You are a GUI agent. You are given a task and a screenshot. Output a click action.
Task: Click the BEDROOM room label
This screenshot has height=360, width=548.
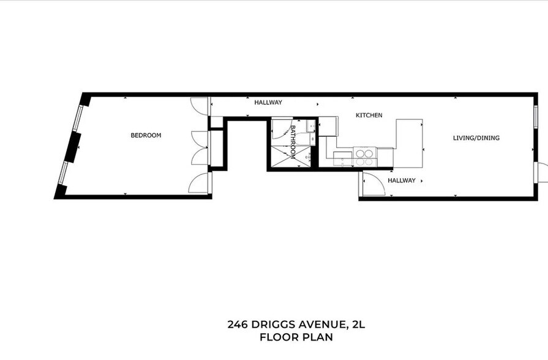click(146, 135)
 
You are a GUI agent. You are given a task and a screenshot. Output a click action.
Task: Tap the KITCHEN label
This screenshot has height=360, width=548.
click(369, 115)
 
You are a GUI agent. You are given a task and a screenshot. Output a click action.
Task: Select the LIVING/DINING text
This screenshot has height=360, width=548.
click(476, 138)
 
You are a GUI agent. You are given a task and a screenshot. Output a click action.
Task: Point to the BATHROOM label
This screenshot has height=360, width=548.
click(293, 142)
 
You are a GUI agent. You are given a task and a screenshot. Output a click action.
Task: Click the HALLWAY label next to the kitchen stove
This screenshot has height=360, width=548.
click(401, 181)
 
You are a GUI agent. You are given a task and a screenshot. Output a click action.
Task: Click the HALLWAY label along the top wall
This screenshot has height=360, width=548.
click(268, 103)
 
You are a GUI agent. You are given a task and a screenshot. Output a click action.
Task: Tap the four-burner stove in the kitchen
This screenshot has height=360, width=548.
click(365, 157)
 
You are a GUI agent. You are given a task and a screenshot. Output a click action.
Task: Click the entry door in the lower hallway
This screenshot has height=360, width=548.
click(373, 184)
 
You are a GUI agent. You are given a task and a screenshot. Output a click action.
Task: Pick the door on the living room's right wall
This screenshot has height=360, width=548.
click(541, 173)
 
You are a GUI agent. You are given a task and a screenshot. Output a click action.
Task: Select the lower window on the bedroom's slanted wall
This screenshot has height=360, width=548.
click(63, 173)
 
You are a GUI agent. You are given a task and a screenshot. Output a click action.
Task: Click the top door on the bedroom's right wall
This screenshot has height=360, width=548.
click(200, 105)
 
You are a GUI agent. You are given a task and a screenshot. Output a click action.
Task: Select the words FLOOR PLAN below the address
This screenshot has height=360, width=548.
click(296, 337)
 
